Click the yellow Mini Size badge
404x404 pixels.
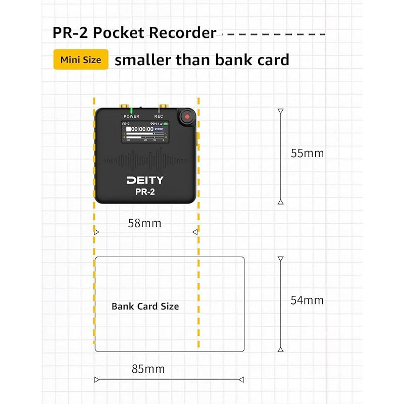(81, 60)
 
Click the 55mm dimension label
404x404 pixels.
(307, 153)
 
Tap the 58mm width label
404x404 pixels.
(145, 223)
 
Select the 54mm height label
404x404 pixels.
(307, 300)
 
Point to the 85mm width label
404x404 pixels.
(148, 369)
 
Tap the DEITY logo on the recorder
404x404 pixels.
(145, 180)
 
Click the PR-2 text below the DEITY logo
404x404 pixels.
(145, 191)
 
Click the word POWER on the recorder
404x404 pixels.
(131, 117)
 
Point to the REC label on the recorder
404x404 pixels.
(159, 117)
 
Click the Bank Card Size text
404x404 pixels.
(145, 306)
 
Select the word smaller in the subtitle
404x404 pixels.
(142, 60)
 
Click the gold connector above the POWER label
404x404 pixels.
(123, 108)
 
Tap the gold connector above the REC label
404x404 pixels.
(163, 108)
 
